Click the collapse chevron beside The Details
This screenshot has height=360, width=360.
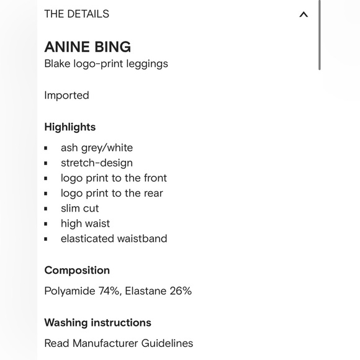tap(304, 14)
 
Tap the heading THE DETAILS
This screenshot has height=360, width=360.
tap(76, 14)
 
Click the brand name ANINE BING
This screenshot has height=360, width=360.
tap(88, 47)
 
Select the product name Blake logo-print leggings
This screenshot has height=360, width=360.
tap(106, 63)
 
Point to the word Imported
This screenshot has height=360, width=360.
tap(66, 95)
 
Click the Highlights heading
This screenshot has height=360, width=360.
tap(70, 127)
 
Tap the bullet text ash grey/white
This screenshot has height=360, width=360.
tap(97, 148)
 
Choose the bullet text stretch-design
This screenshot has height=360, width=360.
tap(97, 163)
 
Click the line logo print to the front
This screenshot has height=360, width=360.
tap(114, 178)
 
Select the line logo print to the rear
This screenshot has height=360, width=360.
tap(112, 193)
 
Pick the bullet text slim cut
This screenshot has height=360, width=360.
tap(79, 209)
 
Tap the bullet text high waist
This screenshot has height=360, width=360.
tap(85, 223)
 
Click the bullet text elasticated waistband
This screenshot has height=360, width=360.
tap(114, 238)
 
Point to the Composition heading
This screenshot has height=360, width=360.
tap(77, 271)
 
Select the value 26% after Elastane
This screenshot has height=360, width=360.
tap(180, 290)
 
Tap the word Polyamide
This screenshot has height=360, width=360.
tap(69, 290)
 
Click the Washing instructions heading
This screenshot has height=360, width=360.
tap(97, 323)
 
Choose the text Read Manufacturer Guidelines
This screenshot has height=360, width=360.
tap(119, 343)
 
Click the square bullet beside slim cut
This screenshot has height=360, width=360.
tap(46, 209)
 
